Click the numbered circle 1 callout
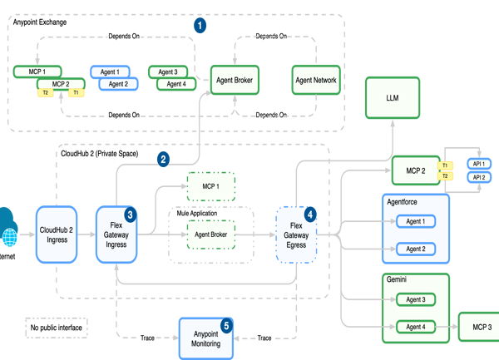(200, 25)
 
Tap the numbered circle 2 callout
(164, 158)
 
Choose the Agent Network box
(316, 80)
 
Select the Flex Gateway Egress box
(296, 235)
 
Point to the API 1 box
(479, 164)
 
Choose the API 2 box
(479, 177)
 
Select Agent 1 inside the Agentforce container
(415, 222)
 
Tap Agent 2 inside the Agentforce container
(415, 249)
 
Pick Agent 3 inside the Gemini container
(415, 299)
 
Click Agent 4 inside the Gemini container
(415, 327)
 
